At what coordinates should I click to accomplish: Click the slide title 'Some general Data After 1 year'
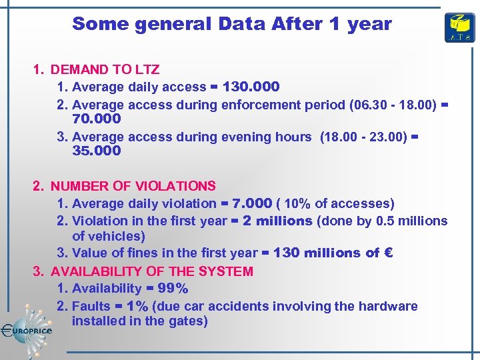[231, 24]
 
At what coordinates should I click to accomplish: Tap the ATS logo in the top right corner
[459, 27]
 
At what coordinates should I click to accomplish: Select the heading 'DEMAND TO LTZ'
[105, 69]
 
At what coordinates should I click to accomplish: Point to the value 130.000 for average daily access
[251, 87]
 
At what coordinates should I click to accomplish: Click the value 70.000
[96, 119]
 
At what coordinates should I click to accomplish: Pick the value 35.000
[96, 151]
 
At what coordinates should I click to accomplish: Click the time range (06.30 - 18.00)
[389, 105]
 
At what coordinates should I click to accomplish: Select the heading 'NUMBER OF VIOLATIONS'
[133, 186]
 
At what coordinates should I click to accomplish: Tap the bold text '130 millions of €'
[333, 253]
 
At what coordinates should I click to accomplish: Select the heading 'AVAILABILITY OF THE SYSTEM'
[151, 271]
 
